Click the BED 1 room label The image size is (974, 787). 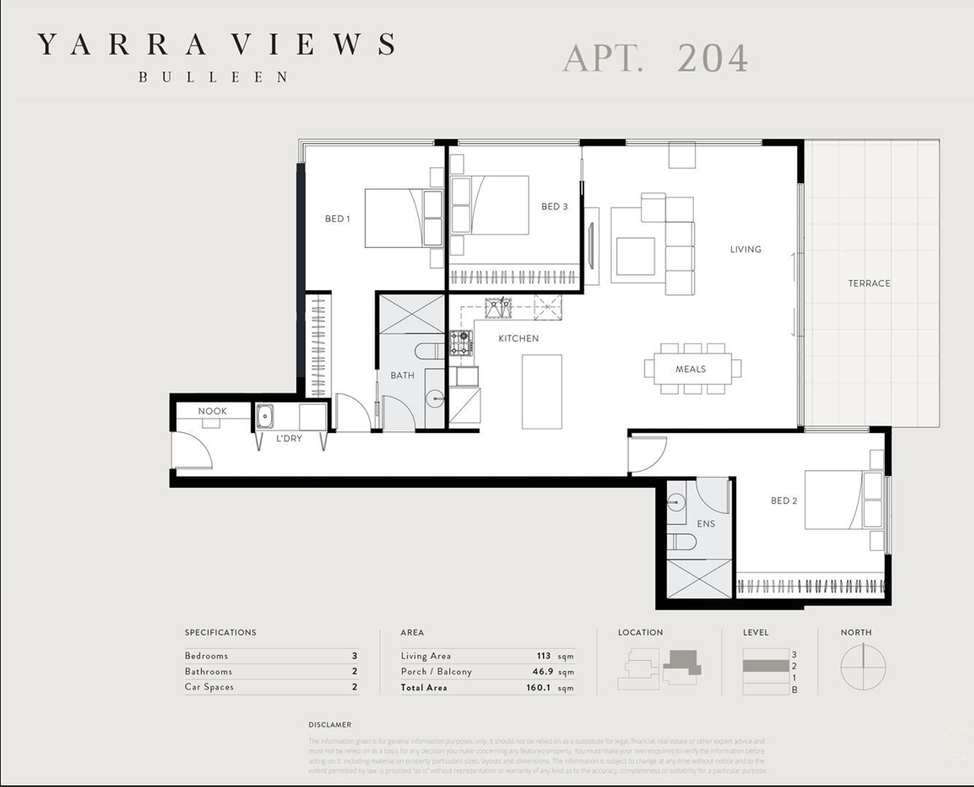pos(337,219)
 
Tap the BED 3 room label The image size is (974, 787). pos(554,207)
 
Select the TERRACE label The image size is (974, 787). pos(869,283)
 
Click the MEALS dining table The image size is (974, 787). pos(692,369)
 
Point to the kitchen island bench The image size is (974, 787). pos(542,391)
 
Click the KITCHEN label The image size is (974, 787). pos(518,339)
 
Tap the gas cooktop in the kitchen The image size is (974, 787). pos(460,342)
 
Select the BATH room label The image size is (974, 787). pos(402,376)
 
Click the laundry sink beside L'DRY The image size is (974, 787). pos(264,415)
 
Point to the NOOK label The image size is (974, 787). pos(212,411)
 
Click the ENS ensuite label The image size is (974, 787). pos(706,524)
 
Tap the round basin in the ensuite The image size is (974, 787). pos(676,502)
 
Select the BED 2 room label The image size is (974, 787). pos(783,501)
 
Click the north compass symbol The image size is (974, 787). pos(864,667)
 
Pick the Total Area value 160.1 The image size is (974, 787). pos(539,688)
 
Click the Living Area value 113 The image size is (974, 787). pos(543,656)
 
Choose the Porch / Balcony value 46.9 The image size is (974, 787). pos(541,672)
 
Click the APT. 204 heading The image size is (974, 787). pos(655,59)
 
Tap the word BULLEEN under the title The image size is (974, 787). pos(214,77)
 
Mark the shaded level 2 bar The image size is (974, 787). pos(766,665)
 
